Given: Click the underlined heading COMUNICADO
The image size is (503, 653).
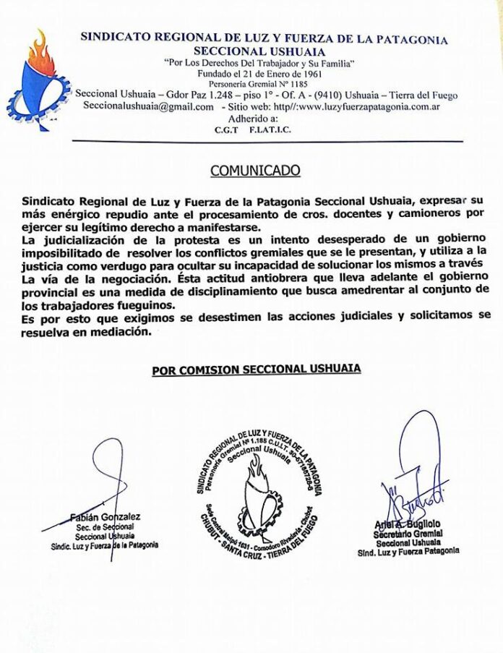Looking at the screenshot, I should [x=255, y=171].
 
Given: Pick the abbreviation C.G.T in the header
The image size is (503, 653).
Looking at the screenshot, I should [x=228, y=130].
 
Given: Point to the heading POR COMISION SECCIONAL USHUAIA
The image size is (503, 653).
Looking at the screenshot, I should [x=257, y=370].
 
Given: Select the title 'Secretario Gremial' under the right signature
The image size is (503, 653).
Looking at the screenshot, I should [x=408, y=534].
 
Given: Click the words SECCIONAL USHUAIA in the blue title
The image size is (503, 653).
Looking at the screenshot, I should [x=259, y=51].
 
